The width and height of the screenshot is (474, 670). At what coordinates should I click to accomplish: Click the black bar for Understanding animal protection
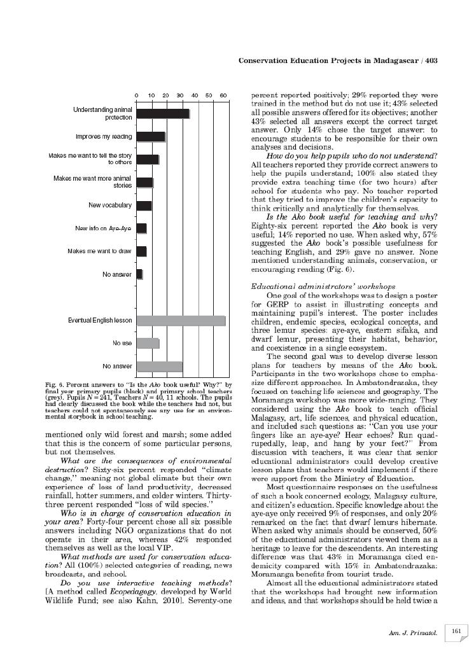click(x=163, y=114)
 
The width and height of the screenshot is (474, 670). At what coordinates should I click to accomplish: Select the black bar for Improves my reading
click(x=151, y=137)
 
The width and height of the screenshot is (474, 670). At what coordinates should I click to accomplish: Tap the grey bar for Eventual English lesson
click(x=181, y=321)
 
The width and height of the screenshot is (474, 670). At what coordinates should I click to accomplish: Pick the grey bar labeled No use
click(x=148, y=344)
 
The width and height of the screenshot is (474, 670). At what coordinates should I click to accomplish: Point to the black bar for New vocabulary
click(x=144, y=206)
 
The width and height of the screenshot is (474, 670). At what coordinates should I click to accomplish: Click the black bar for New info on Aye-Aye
click(x=141, y=228)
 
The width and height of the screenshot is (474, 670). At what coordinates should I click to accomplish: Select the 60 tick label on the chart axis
click(x=223, y=96)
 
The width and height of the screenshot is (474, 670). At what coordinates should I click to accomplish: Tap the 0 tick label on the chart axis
click(x=137, y=96)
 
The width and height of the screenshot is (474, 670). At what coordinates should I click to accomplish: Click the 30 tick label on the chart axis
click(x=180, y=96)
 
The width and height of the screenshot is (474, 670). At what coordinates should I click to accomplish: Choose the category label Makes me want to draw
click(x=99, y=251)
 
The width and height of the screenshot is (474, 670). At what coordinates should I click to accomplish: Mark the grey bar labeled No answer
click(x=160, y=366)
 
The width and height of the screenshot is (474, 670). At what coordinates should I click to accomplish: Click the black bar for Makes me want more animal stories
click(x=145, y=183)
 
